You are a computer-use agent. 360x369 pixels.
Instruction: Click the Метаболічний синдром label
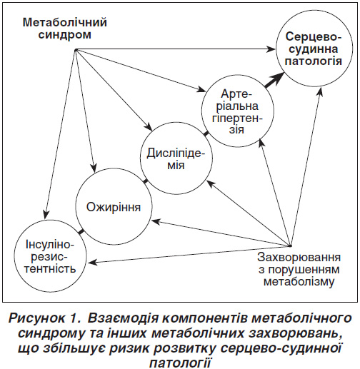(65, 29)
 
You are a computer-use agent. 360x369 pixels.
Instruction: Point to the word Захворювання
(299, 258)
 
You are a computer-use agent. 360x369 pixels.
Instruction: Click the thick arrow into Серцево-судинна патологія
(274, 81)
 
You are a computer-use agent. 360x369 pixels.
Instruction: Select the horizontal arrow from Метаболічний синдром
(176, 49)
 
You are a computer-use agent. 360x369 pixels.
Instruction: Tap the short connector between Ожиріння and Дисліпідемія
(146, 181)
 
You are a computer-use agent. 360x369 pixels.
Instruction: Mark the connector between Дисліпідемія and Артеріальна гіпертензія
(206, 134)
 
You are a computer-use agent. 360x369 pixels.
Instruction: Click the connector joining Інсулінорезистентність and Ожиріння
(81, 231)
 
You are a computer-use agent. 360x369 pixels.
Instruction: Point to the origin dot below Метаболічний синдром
(76, 50)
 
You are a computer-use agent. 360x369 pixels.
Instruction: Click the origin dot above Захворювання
(290, 246)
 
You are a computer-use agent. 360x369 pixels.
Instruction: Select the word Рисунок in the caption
(37, 318)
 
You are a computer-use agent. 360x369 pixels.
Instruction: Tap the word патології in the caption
(180, 363)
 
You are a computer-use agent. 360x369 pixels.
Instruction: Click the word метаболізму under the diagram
(299, 282)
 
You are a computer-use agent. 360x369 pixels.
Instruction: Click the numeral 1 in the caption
(74, 318)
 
